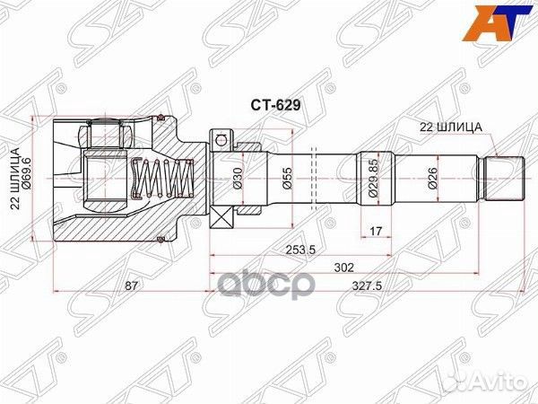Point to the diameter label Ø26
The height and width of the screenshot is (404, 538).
pos(432,178)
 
